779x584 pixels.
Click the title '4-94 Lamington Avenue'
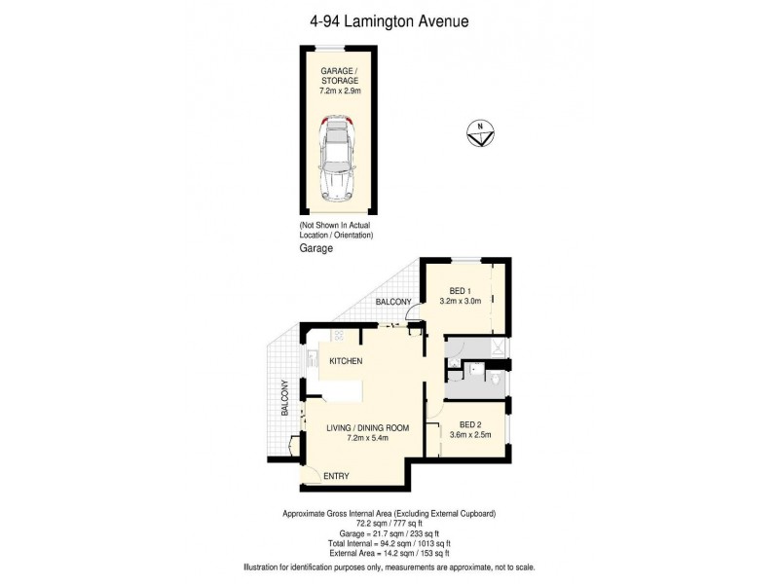pos(389,19)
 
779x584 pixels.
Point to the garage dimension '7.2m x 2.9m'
pos(340,90)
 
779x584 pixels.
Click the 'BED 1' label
pos(461,290)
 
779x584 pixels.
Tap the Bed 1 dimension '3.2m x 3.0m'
pos(461,302)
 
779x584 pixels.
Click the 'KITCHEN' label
pos(346,362)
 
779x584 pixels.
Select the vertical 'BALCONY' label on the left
pos(283,398)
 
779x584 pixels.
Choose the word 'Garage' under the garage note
pos(316,249)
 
